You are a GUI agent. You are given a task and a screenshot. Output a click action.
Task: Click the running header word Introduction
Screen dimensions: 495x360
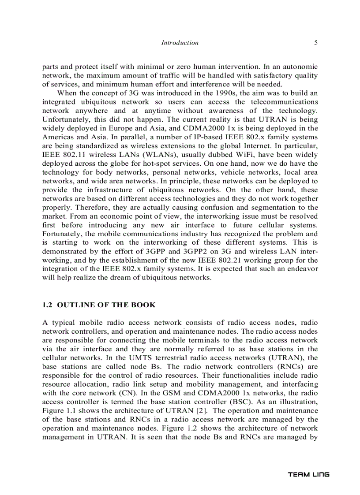point(180,43)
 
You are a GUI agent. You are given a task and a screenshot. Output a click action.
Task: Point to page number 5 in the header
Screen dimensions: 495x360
point(316,43)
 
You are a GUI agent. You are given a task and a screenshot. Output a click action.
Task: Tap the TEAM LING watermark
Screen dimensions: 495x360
point(308,474)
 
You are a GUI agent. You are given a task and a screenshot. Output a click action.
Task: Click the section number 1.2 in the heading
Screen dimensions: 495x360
point(47,305)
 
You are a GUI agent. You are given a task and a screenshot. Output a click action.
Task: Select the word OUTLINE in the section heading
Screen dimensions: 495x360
point(74,305)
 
